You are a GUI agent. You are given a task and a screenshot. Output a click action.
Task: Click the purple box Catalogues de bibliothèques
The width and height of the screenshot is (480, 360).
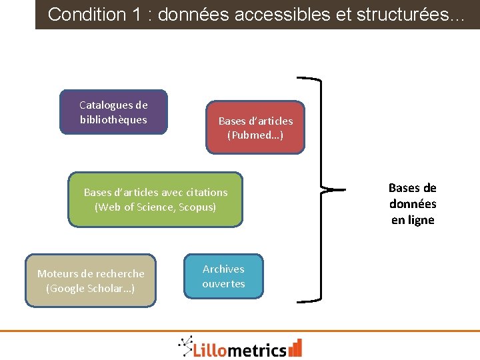coord(113,112)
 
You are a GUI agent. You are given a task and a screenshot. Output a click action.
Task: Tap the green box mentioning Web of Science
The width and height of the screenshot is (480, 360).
coord(155,199)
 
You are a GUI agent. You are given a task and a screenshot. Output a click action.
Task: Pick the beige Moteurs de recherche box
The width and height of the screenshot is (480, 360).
coord(91,281)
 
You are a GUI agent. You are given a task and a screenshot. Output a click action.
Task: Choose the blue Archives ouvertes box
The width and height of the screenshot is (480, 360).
coord(223,276)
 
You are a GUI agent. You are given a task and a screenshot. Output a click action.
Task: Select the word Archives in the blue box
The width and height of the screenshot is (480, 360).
coord(223,269)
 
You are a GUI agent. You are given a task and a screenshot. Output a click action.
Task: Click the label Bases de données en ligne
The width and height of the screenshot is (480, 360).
coord(413,204)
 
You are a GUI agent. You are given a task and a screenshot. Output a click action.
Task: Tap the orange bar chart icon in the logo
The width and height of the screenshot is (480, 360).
coord(295,347)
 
